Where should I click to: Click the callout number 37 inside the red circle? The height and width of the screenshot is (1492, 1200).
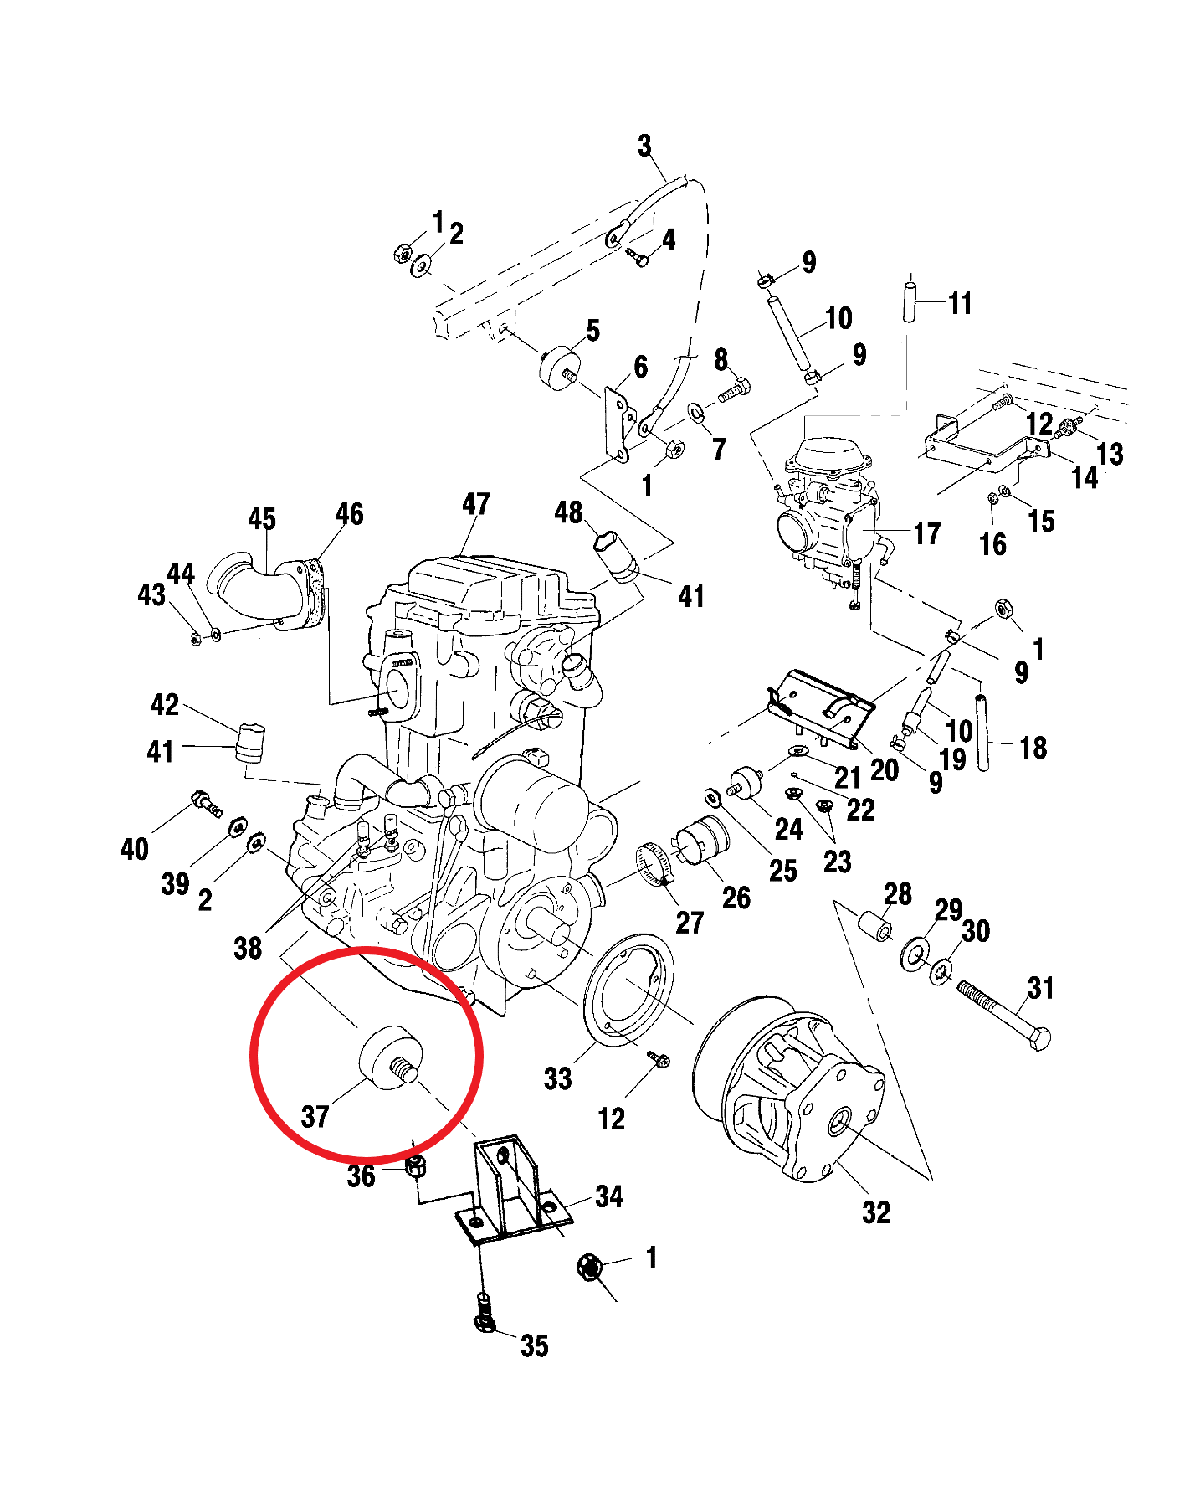pos(315,1116)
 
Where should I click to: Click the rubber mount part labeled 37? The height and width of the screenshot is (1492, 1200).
pos(387,1058)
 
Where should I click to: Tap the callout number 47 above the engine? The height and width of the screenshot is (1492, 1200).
pos(475,504)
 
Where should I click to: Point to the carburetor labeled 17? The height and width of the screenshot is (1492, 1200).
pos(828,511)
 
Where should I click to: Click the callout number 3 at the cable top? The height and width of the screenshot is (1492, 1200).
pos(644,146)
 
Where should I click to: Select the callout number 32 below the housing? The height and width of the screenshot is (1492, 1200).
pos(875,1212)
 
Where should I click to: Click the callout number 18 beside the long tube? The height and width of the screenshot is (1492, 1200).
pos(1033,748)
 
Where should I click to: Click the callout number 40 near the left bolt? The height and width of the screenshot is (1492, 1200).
pos(134,849)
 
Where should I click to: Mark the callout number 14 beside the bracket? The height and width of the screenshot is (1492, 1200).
pos(1085,477)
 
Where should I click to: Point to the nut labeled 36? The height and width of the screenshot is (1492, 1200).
pos(416,1165)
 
